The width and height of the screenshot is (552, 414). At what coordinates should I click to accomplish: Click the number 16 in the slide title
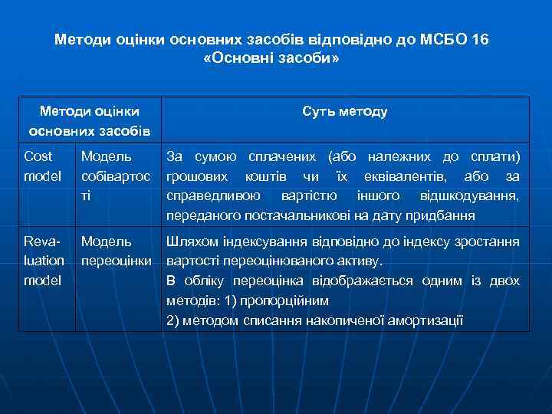(481, 38)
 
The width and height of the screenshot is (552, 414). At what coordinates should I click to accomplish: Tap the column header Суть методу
(345, 112)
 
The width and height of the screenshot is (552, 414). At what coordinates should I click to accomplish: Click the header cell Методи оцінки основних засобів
(89, 121)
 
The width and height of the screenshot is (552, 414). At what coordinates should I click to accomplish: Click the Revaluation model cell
(44, 261)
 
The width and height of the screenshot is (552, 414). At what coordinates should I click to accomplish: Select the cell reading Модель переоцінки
(117, 251)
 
